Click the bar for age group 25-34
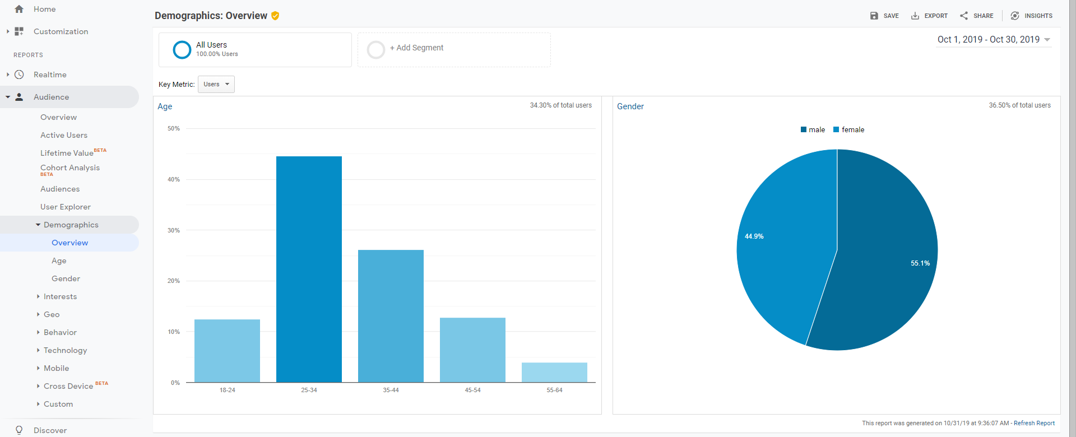point(309,269)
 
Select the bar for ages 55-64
point(554,373)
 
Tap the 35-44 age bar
point(391,316)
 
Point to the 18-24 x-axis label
point(228,390)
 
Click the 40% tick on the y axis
point(174,179)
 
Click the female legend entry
point(849,129)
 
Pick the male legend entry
point(813,129)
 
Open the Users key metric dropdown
point(216,84)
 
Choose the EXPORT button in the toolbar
point(929,16)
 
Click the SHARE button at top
point(976,16)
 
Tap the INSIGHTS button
point(1031,16)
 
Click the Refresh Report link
point(1034,423)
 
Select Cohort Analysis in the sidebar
point(70,168)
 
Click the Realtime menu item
point(50,75)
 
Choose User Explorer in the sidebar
point(66,207)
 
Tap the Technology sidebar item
point(66,350)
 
